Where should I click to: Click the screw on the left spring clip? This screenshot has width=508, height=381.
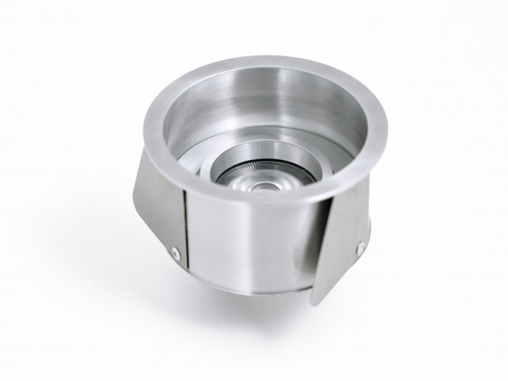tap(177, 254)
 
